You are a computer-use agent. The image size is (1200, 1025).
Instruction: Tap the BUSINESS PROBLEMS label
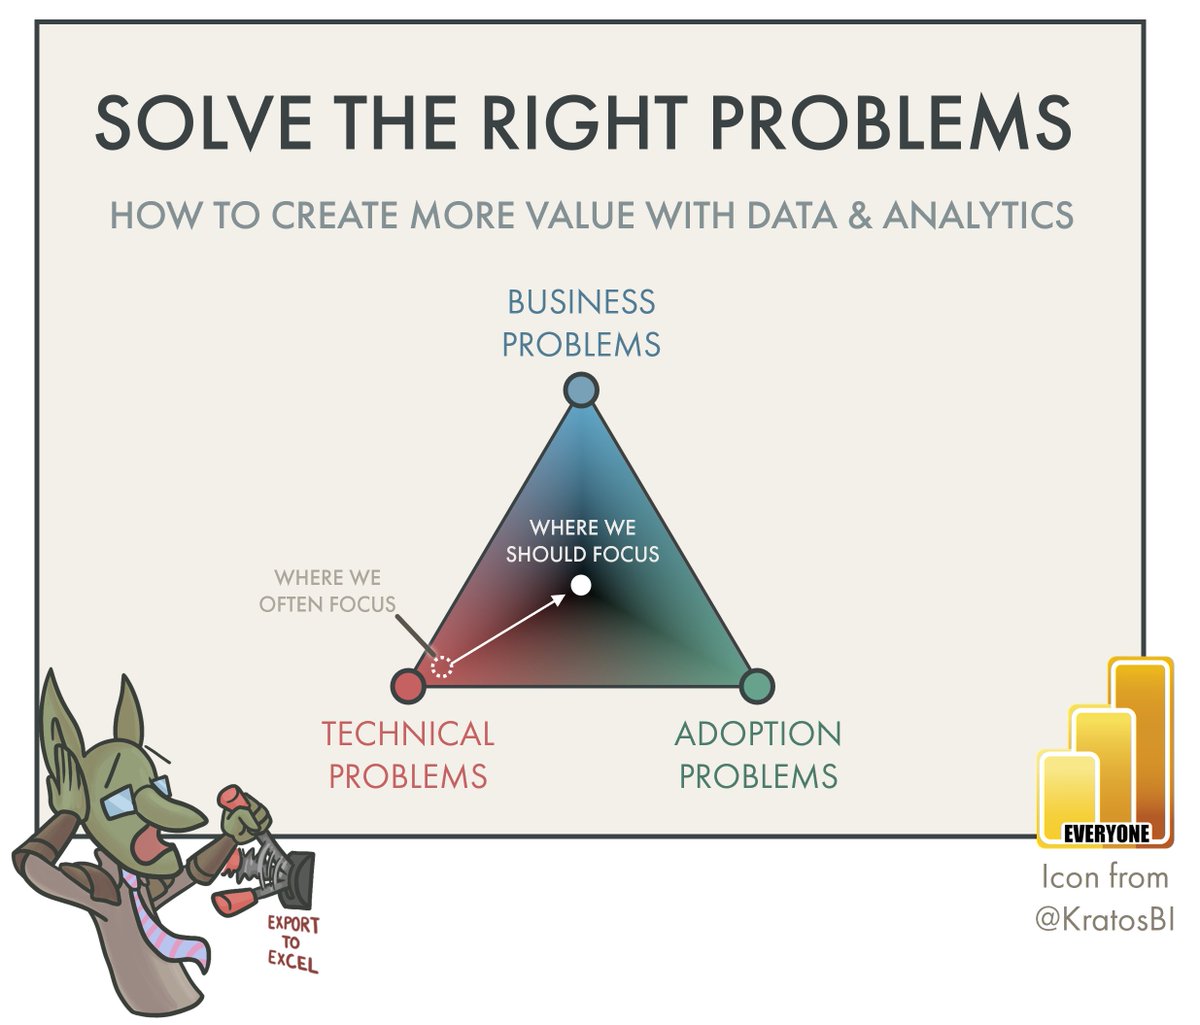[581, 323]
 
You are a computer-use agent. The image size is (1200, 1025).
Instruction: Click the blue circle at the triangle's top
[581, 389]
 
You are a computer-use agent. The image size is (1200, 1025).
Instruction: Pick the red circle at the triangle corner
[407, 686]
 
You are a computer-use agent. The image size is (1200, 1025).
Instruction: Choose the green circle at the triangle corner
[757, 686]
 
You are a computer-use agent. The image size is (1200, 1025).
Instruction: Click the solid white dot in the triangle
[581, 585]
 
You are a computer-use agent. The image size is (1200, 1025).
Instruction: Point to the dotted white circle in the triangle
[441, 666]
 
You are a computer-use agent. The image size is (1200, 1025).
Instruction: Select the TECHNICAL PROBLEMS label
[408, 755]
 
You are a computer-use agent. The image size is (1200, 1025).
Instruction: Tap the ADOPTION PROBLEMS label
[758, 755]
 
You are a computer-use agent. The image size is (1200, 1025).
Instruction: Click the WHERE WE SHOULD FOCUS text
[582, 540]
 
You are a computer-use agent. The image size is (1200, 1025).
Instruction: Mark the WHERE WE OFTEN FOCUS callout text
[327, 591]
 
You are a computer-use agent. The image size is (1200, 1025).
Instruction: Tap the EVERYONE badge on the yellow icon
[1105, 832]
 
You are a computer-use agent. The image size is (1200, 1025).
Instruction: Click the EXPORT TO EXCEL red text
[292, 942]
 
